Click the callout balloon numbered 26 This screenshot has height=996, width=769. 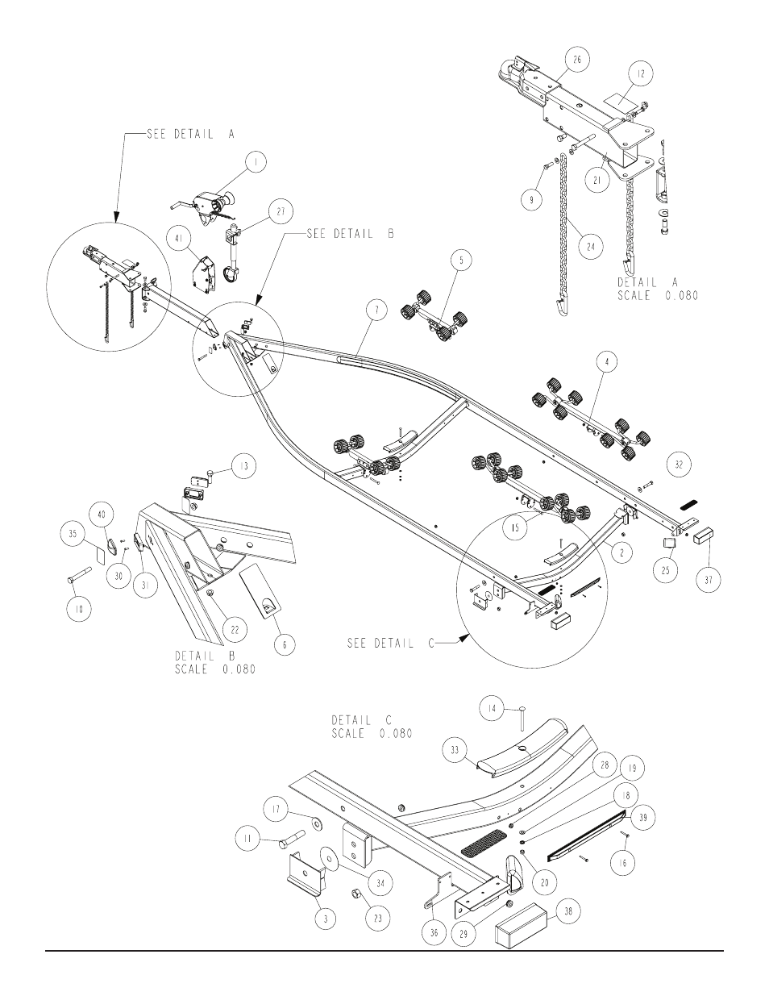click(x=577, y=60)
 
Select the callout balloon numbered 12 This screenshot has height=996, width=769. click(x=641, y=73)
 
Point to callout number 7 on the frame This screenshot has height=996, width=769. click(x=376, y=310)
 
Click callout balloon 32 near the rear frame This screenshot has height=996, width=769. click(x=679, y=465)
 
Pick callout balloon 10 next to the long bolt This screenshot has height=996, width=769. click(x=79, y=609)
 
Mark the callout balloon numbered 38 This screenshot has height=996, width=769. click(x=568, y=911)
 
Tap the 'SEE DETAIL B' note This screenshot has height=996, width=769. click(x=351, y=234)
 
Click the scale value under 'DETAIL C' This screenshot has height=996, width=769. click(x=396, y=733)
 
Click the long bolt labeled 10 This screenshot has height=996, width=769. click(x=79, y=575)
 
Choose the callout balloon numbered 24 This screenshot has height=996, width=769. click(x=591, y=247)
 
